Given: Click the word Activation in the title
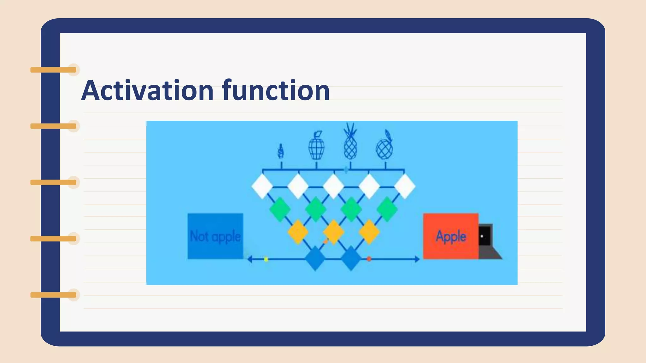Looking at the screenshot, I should click(x=147, y=91).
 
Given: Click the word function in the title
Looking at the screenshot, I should click(x=276, y=91).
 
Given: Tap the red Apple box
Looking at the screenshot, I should click(x=451, y=236).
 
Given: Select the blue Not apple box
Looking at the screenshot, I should click(x=215, y=236).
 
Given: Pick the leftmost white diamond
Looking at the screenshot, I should click(x=262, y=187).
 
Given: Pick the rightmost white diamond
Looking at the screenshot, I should click(x=405, y=187).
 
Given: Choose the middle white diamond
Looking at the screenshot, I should click(x=333, y=187).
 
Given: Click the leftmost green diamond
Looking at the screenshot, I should click(x=280, y=209).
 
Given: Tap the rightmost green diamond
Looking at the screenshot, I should click(x=387, y=209).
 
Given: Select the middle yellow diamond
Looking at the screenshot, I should click(x=334, y=232).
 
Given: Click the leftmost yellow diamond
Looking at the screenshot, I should click(x=298, y=232).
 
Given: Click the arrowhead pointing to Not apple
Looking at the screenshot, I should click(x=250, y=259).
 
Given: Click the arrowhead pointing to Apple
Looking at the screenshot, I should click(x=417, y=259).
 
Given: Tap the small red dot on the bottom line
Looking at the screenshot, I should click(x=369, y=259).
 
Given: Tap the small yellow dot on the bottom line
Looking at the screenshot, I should click(x=266, y=259).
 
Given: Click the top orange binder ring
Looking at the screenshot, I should click(x=54, y=70).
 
